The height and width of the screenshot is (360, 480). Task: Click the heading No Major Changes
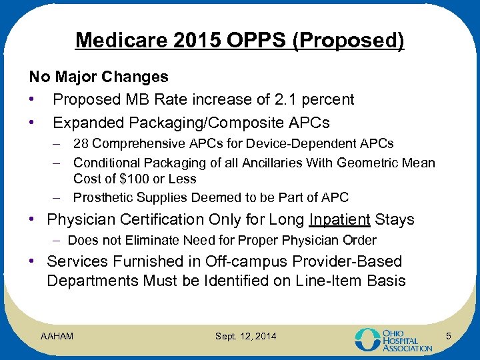(98, 77)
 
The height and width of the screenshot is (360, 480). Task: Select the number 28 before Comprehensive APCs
(80, 144)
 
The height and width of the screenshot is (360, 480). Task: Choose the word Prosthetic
(103, 198)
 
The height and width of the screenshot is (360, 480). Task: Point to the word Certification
(167, 220)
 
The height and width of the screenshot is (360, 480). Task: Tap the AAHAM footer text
(57, 335)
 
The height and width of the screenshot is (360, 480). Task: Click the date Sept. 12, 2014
(245, 335)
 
